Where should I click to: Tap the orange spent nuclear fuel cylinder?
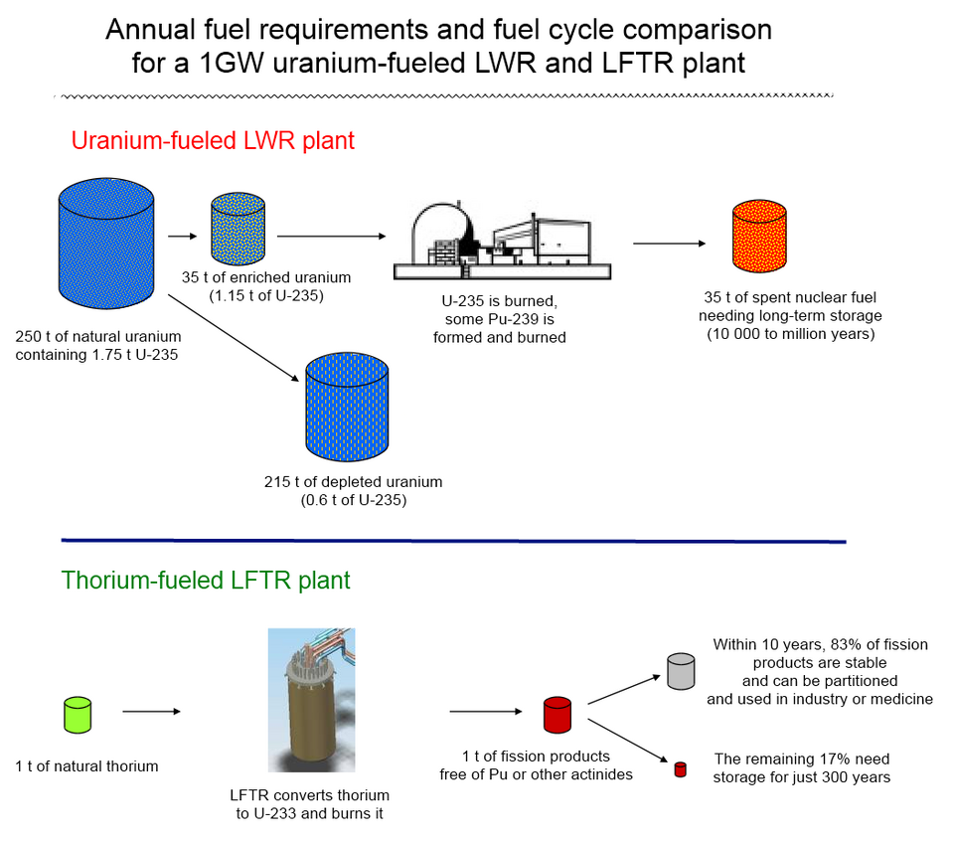[759, 235]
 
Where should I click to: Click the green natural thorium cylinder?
[77, 714]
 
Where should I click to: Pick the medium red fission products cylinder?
[557, 714]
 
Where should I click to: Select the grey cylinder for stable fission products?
[681, 670]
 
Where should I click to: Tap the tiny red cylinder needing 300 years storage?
[681, 768]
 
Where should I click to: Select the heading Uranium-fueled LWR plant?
[213, 140]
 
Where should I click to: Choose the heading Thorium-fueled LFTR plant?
[206, 580]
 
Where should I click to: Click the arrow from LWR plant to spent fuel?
[668, 244]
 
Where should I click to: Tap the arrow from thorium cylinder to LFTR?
[151, 712]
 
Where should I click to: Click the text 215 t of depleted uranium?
[354, 482]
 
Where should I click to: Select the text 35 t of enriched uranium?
[266, 277]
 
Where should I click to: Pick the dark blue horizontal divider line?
[453, 541]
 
